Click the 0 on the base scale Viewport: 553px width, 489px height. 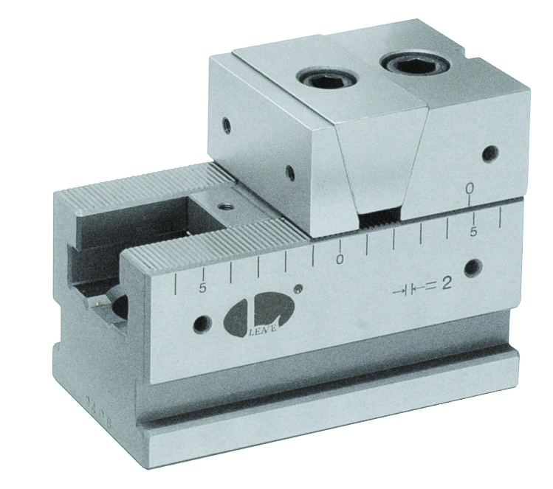click(340, 259)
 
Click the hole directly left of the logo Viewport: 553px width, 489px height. click(199, 323)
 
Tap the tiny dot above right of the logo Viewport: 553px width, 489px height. click(298, 288)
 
